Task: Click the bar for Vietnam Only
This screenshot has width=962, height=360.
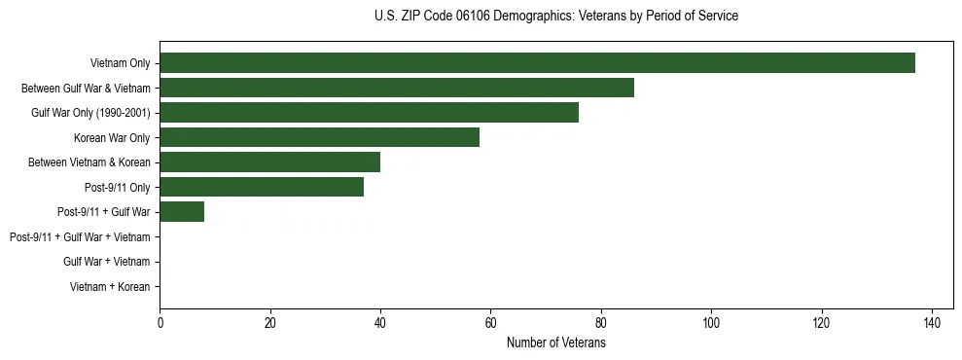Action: [537, 63]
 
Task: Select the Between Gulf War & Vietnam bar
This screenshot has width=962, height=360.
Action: [397, 88]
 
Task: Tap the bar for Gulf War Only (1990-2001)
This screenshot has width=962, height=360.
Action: [369, 113]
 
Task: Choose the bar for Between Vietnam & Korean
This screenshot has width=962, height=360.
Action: [269, 162]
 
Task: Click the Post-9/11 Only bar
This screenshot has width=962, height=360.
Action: [262, 187]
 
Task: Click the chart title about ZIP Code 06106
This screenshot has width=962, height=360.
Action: [555, 17]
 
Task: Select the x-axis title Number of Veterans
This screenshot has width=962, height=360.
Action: [555, 343]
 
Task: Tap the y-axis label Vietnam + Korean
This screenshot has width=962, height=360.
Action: [110, 287]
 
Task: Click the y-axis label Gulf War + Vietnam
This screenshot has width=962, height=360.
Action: [106, 262]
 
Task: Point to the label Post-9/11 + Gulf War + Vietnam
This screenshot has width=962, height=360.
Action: [80, 237]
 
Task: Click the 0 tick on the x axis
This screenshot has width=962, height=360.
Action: [160, 324]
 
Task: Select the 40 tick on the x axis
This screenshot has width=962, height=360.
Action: [380, 324]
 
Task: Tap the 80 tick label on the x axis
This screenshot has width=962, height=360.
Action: [601, 324]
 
